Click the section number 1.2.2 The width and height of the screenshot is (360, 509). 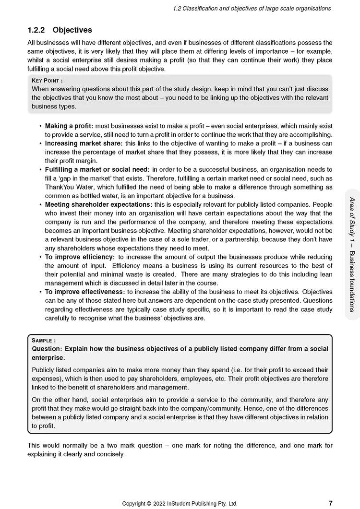[x=36, y=30]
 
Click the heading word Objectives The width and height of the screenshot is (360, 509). [x=72, y=30]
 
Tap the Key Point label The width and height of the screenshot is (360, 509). [x=47, y=81]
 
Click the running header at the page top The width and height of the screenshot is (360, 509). [x=252, y=8]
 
